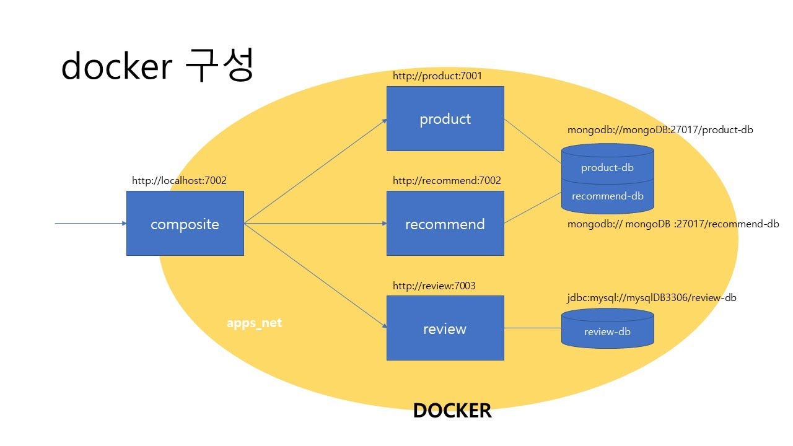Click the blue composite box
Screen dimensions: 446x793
click(185, 223)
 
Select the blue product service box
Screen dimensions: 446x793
click(445, 118)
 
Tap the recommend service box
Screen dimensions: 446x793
click(445, 223)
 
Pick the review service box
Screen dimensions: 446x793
click(445, 328)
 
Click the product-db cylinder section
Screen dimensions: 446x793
click(607, 167)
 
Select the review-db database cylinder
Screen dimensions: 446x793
click(607, 330)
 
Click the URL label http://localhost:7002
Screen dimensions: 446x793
click(179, 181)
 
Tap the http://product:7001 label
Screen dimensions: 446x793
click(437, 76)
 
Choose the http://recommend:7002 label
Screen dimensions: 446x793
click(447, 180)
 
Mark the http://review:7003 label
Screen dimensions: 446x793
click(434, 286)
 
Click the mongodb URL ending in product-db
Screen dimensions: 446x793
click(660, 130)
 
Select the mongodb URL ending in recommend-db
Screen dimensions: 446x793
click(673, 224)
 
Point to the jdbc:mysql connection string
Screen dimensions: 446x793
click(652, 298)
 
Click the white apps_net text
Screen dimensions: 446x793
click(254, 323)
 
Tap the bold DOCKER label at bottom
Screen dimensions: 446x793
click(452, 411)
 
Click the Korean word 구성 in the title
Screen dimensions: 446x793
click(219, 66)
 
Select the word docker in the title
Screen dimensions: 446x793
click(116, 66)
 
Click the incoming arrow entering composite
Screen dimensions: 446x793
click(90, 223)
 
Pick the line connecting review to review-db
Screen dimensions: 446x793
click(532, 328)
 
